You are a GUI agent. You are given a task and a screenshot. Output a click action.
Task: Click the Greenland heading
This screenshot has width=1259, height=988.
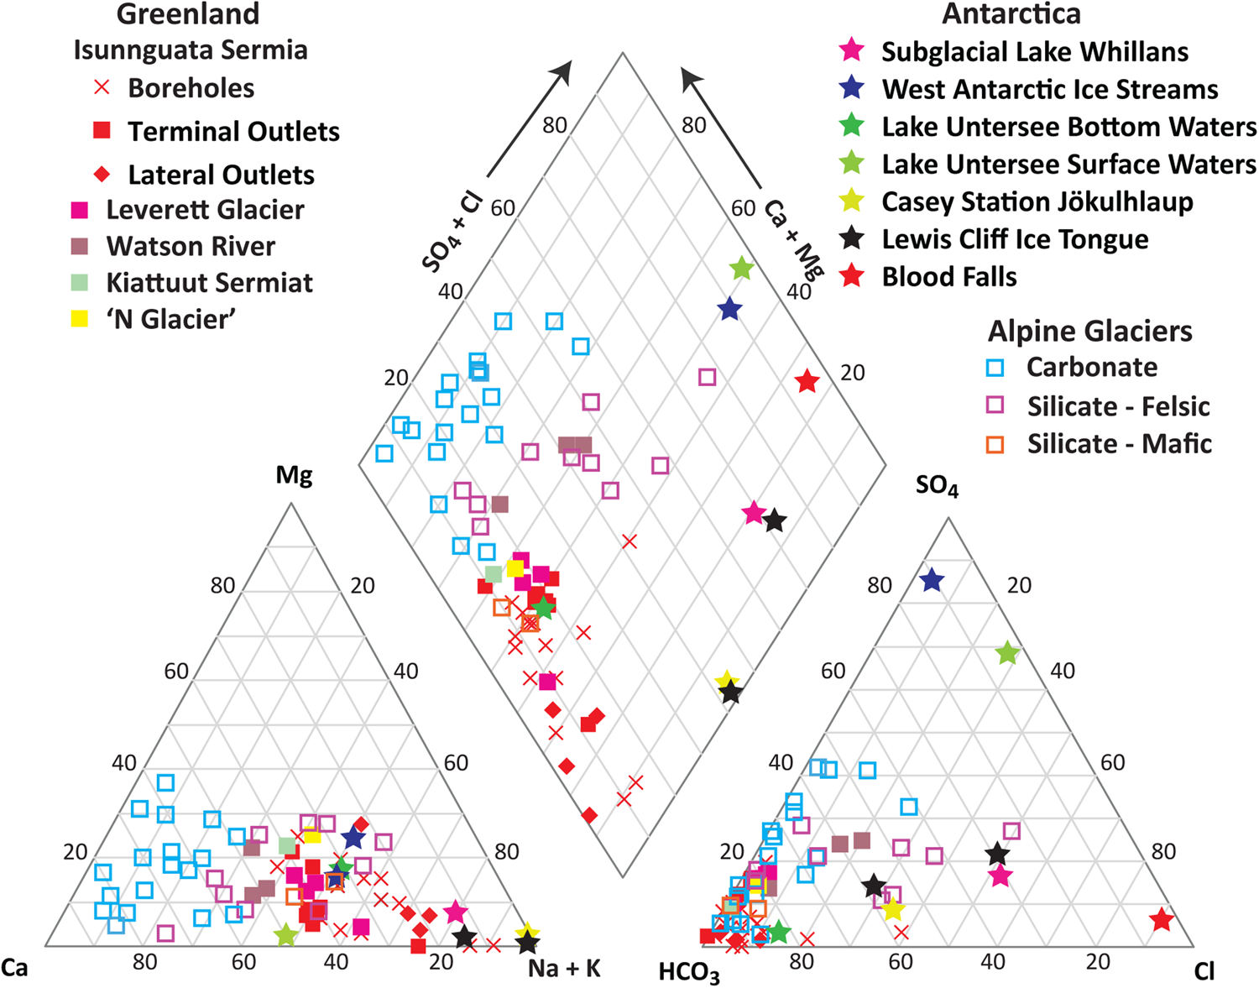pyautogui.click(x=188, y=14)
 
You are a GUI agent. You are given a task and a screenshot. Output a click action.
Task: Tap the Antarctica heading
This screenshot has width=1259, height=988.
pyautogui.click(x=1011, y=14)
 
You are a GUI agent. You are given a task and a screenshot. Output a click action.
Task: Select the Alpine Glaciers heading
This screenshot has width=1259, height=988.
pyautogui.click(x=1089, y=331)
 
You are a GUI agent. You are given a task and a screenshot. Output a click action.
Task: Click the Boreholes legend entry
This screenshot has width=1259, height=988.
pyautogui.click(x=191, y=88)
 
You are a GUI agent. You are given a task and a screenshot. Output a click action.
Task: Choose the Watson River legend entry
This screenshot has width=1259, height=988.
pyautogui.click(x=190, y=246)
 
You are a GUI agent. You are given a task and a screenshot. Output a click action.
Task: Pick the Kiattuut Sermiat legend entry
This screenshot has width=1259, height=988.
pyautogui.click(x=209, y=283)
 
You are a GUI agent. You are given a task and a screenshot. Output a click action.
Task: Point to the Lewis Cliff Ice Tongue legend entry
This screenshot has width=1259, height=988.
pyautogui.click(x=1014, y=239)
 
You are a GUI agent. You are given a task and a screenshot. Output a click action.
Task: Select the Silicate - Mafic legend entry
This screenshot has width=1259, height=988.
pyautogui.click(x=1119, y=443)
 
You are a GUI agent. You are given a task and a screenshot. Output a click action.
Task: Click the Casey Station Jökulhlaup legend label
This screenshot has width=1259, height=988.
pyautogui.click(x=1037, y=201)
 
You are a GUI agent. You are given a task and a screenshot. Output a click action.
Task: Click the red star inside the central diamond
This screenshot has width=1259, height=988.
pyautogui.click(x=807, y=382)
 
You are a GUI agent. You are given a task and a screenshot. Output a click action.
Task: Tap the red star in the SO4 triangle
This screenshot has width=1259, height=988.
pyautogui.click(x=1162, y=920)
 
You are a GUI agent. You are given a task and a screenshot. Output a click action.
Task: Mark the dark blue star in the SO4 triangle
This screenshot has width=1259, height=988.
pyautogui.click(x=932, y=580)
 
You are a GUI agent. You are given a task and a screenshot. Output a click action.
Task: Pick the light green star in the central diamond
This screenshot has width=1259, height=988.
pyautogui.click(x=741, y=269)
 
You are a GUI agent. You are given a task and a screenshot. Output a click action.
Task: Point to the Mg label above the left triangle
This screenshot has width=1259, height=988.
pyautogui.click(x=294, y=476)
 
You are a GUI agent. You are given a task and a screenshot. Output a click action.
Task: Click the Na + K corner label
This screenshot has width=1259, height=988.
pyautogui.click(x=564, y=969)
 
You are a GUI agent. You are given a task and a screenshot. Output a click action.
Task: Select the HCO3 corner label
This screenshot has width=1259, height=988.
pyautogui.click(x=689, y=973)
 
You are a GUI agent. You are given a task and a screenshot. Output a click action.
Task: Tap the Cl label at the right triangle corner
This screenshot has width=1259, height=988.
pyautogui.click(x=1204, y=972)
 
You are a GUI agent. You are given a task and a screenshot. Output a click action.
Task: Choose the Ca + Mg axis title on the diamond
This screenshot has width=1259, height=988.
pyautogui.click(x=793, y=239)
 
